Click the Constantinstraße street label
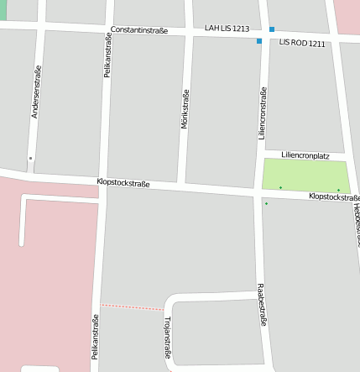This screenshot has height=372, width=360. click(x=139, y=31)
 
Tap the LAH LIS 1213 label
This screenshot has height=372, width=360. click(x=227, y=29)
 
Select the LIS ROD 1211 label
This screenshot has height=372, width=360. click(x=302, y=42)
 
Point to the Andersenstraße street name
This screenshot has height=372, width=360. click(x=35, y=91)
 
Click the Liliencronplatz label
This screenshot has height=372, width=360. click(x=305, y=155)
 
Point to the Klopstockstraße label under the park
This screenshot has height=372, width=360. click(x=334, y=196)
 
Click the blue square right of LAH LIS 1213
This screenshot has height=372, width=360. click(x=271, y=29)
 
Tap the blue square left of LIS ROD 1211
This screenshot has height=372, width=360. click(x=259, y=40)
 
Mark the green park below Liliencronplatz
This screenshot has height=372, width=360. click(x=305, y=175)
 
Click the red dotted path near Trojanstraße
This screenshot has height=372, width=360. click(x=132, y=307)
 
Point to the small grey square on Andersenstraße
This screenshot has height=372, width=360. click(x=30, y=158)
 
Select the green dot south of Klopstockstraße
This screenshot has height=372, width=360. click(x=266, y=203)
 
